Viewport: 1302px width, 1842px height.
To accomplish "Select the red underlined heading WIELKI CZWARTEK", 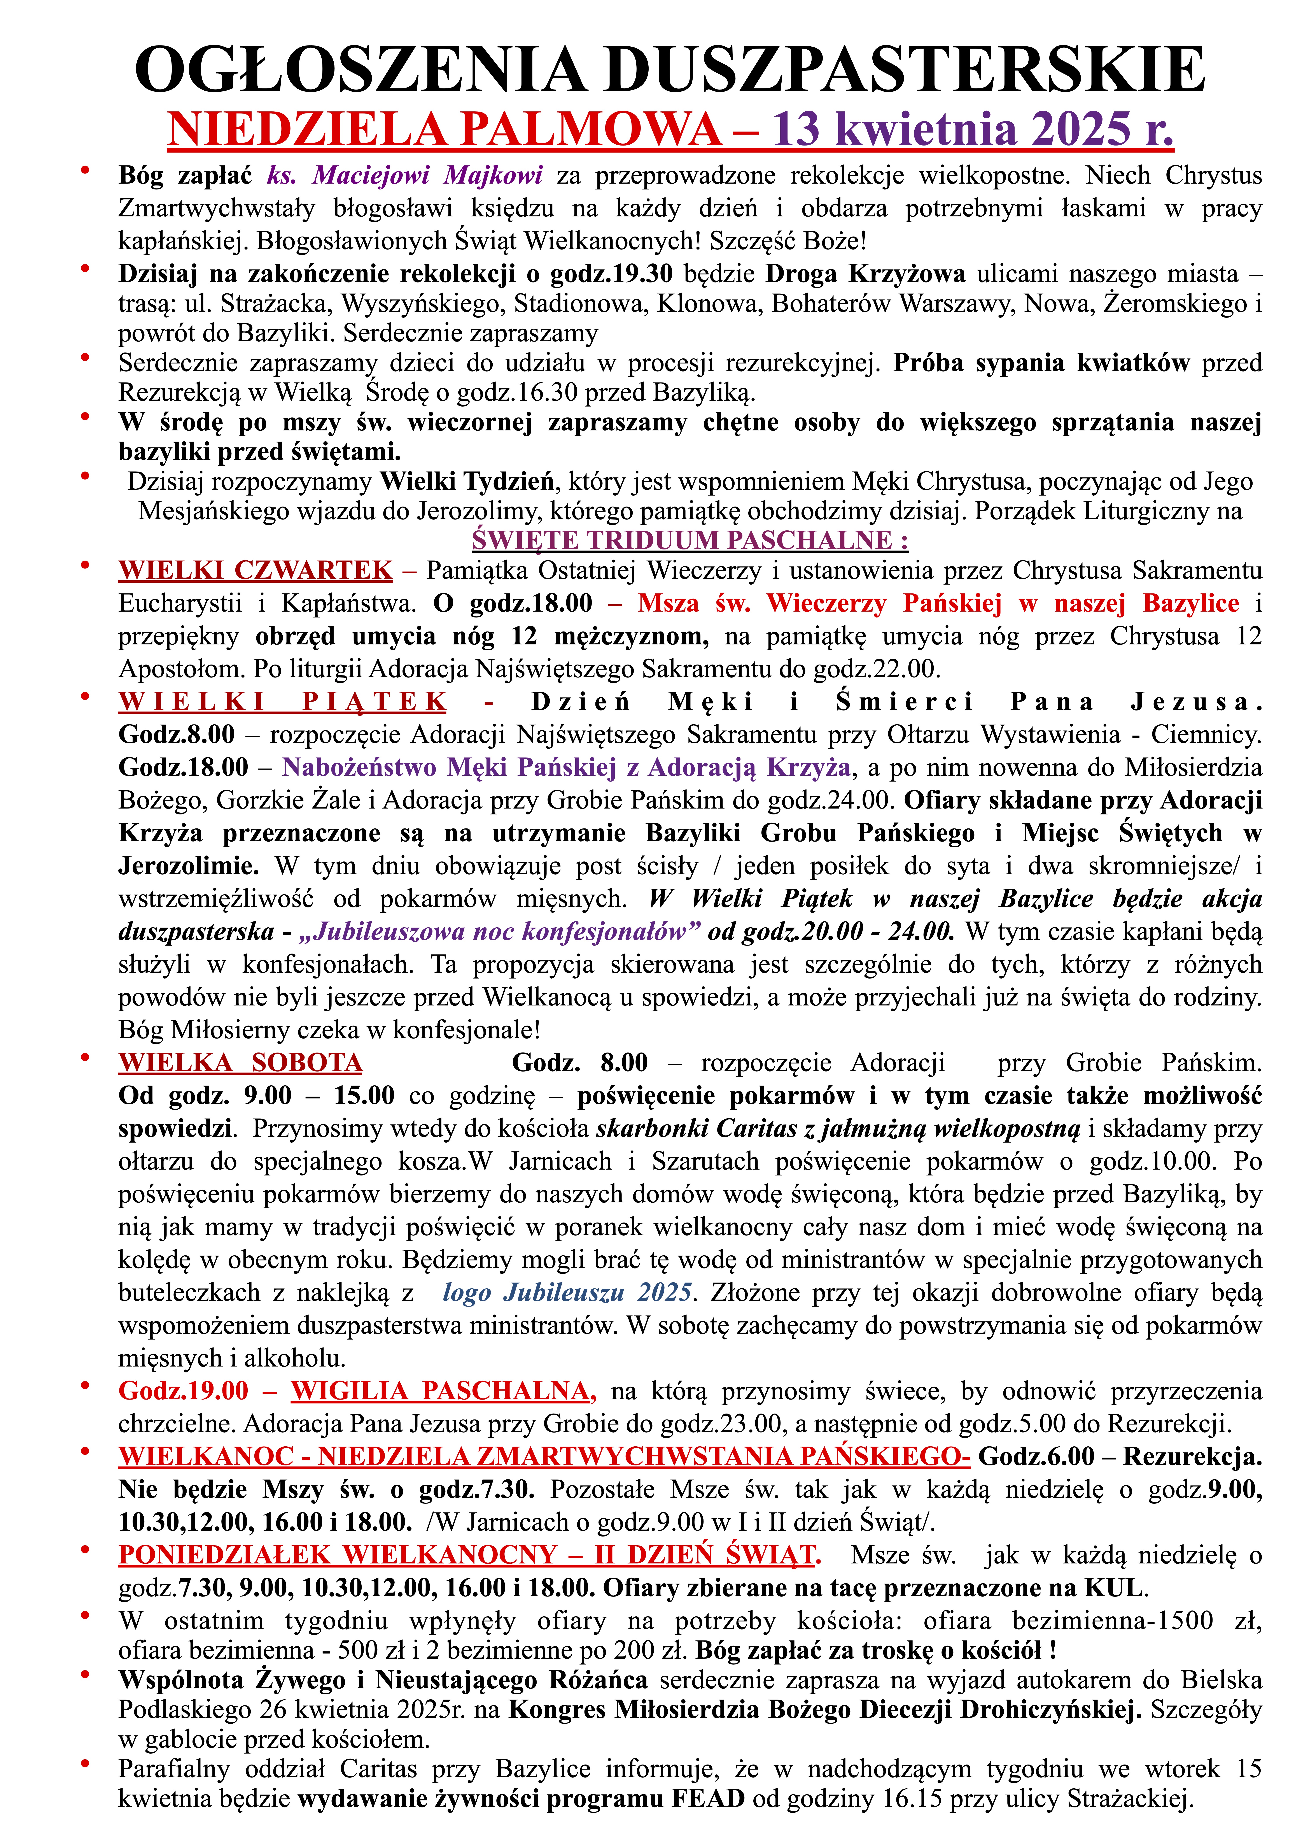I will (x=255, y=570).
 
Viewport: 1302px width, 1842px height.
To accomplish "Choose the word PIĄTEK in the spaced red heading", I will (x=375, y=702).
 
